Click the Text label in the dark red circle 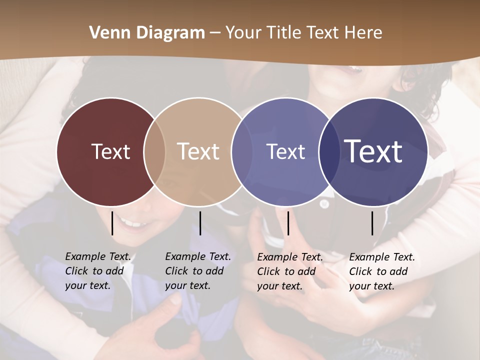pyautogui.click(x=110, y=151)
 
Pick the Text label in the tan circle pyautogui.click(x=198, y=151)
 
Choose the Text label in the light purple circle pyautogui.click(x=285, y=151)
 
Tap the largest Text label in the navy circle pyautogui.click(x=373, y=151)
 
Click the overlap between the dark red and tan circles pyautogui.click(x=154, y=151)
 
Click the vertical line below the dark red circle pyautogui.click(x=112, y=223)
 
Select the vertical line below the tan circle pyautogui.click(x=200, y=223)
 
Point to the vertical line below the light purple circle pyautogui.click(x=288, y=223)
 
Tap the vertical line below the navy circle pyautogui.click(x=372, y=223)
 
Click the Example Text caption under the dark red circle pyautogui.click(x=98, y=271)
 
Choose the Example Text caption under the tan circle pyautogui.click(x=198, y=271)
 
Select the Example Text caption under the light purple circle pyautogui.click(x=290, y=271)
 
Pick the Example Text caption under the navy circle pyautogui.click(x=382, y=271)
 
